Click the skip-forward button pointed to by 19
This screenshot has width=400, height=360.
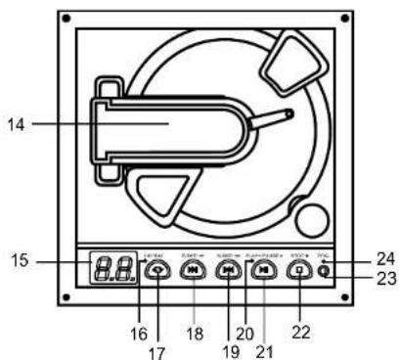[x=227, y=271]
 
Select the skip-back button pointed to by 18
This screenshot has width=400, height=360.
[x=192, y=271]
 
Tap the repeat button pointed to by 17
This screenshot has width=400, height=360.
[x=156, y=271]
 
